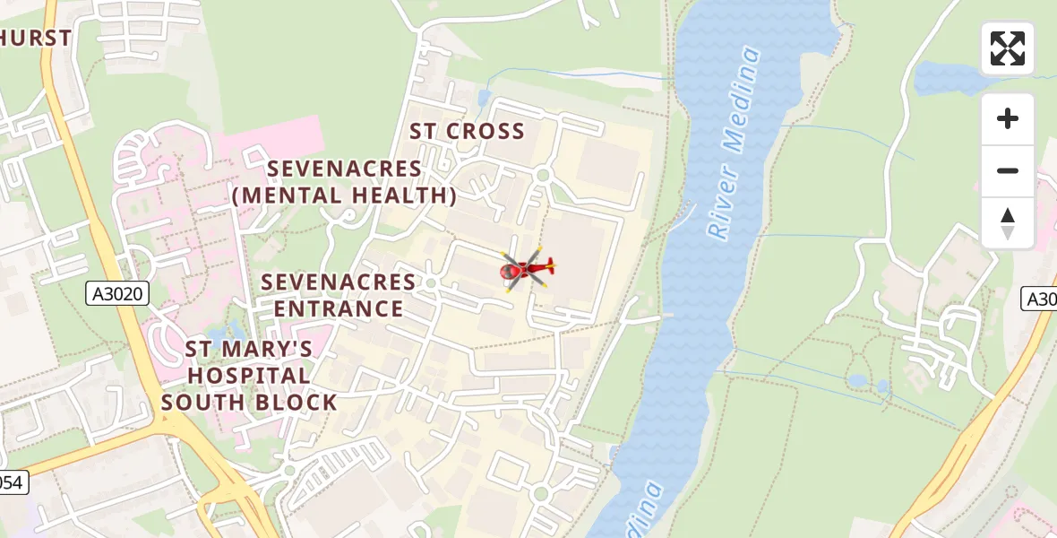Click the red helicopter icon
(527, 268)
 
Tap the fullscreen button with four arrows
(1008, 48)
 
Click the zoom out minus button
(1008, 170)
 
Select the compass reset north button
(1008, 223)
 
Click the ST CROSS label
(467, 131)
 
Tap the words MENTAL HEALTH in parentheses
(345, 195)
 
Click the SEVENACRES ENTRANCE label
(339, 296)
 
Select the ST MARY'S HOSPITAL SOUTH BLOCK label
(249, 375)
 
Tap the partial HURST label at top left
(36, 38)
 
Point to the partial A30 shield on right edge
(1040, 299)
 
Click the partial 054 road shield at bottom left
(13, 482)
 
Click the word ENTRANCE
(339, 309)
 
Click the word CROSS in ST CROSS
(485, 131)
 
